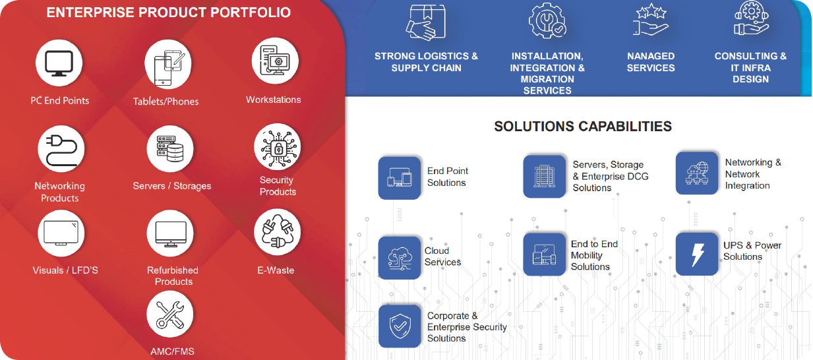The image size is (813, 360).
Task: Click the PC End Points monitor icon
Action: (x=59, y=63)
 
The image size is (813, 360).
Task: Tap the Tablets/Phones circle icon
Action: (x=167, y=64)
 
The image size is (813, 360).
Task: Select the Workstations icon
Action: (x=275, y=61)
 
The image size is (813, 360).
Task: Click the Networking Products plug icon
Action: (x=61, y=149)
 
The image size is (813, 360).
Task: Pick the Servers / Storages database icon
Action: (x=170, y=149)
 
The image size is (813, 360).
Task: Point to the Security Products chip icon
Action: (x=278, y=147)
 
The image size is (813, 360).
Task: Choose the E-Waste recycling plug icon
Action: (x=278, y=232)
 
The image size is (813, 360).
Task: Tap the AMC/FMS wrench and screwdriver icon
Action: (x=170, y=315)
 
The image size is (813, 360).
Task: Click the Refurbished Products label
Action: (x=173, y=276)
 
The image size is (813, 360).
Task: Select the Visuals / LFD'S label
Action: (x=65, y=270)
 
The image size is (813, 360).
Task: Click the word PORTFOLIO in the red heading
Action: (x=251, y=13)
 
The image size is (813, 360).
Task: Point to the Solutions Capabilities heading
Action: (x=583, y=127)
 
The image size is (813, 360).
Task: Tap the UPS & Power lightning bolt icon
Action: (x=697, y=254)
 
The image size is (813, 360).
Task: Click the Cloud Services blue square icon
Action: (x=399, y=258)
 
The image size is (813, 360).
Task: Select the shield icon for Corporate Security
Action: (x=400, y=326)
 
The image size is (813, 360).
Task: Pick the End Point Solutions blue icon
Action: (x=399, y=178)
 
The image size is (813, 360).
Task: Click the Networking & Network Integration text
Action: (x=753, y=174)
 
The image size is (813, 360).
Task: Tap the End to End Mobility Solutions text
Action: (x=594, y=255)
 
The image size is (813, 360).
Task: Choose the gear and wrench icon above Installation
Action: (x=547, y=20)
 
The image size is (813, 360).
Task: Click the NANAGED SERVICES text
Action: (x=651, y=62)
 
